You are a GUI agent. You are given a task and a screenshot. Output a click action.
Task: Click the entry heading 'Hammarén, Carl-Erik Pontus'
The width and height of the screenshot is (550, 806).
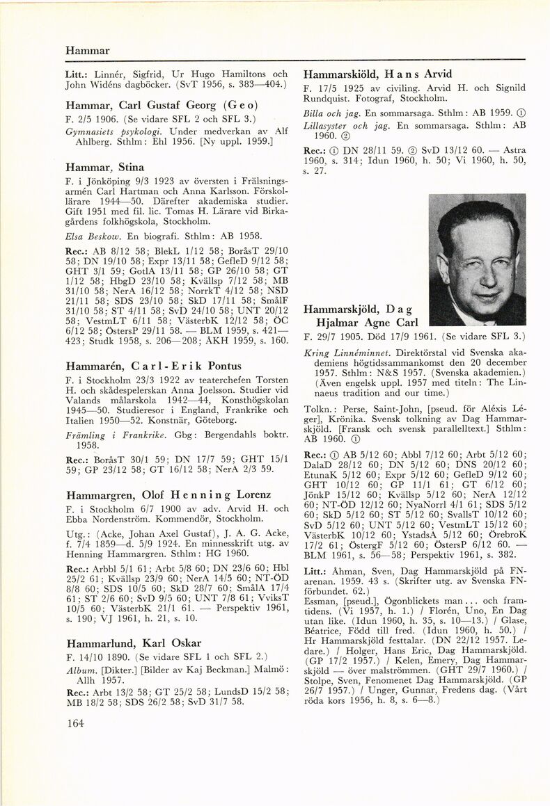pos(153,366)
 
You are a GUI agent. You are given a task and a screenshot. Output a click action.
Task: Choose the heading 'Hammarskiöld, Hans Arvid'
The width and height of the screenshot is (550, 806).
pos(378,74)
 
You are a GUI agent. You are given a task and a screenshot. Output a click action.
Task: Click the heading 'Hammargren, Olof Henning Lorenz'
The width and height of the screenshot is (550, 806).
pos(168,495)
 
